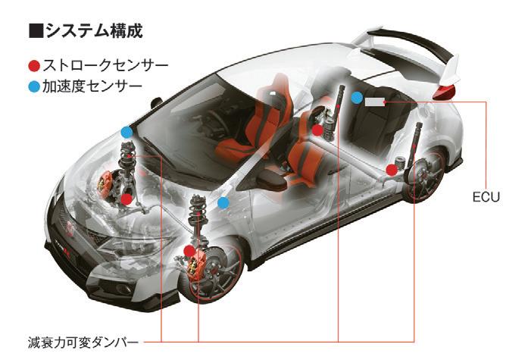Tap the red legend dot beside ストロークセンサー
(33, 65)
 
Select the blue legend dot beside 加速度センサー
(33, 86)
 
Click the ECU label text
(482, 197)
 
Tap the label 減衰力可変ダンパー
(80, 339)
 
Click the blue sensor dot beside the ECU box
(357, 96)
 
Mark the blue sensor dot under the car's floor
(223, 203)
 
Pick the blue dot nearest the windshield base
(127, 132)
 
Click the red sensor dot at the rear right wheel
(391, 169)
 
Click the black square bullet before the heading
(33, 32)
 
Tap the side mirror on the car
(158, 101)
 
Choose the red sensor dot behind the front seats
(317, 130)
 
